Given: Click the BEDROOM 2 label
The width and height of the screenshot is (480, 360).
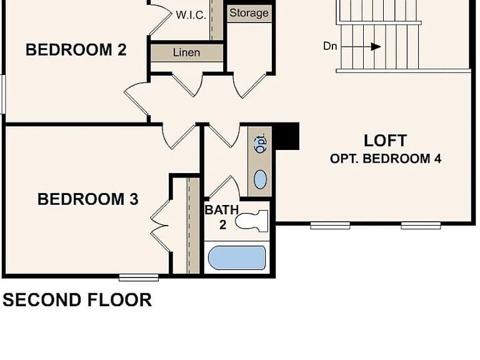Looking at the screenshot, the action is pos(76,49).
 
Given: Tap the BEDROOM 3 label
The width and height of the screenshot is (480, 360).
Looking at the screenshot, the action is pos(88,199).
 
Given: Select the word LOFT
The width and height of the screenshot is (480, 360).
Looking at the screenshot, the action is pos(386,141).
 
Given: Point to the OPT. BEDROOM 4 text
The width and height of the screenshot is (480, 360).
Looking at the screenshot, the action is pos(386,159).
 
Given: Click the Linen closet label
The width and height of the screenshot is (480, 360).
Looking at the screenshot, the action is pos(186,52).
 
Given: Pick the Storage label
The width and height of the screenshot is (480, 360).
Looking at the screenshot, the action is pos(249,13).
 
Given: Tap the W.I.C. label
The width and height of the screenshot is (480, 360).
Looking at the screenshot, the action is pos(191,15).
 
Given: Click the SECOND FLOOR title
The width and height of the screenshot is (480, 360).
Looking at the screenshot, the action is pos(77,300).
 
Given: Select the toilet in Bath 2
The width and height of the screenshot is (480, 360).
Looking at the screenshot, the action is pos(252,221).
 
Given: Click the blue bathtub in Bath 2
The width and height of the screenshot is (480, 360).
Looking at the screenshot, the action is pos(237,257).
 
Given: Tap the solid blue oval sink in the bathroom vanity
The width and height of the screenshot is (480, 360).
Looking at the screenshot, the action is pos(260,179).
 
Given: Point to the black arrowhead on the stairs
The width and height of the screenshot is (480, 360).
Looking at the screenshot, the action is pos(376,47).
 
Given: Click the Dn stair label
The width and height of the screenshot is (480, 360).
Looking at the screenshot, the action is pos(330,46).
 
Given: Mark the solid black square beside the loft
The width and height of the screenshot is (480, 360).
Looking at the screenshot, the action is pos(286,136).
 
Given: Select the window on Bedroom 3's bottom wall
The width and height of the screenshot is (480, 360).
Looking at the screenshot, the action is pos(139,277).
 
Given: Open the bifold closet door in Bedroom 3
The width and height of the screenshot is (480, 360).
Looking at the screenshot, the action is pos(160,226).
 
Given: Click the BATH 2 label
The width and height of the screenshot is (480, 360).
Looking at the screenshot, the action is pos(222,217).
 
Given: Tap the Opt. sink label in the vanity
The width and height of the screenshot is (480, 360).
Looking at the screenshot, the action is pos(261,144).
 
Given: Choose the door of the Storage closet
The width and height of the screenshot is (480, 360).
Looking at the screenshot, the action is pos(250,86).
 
